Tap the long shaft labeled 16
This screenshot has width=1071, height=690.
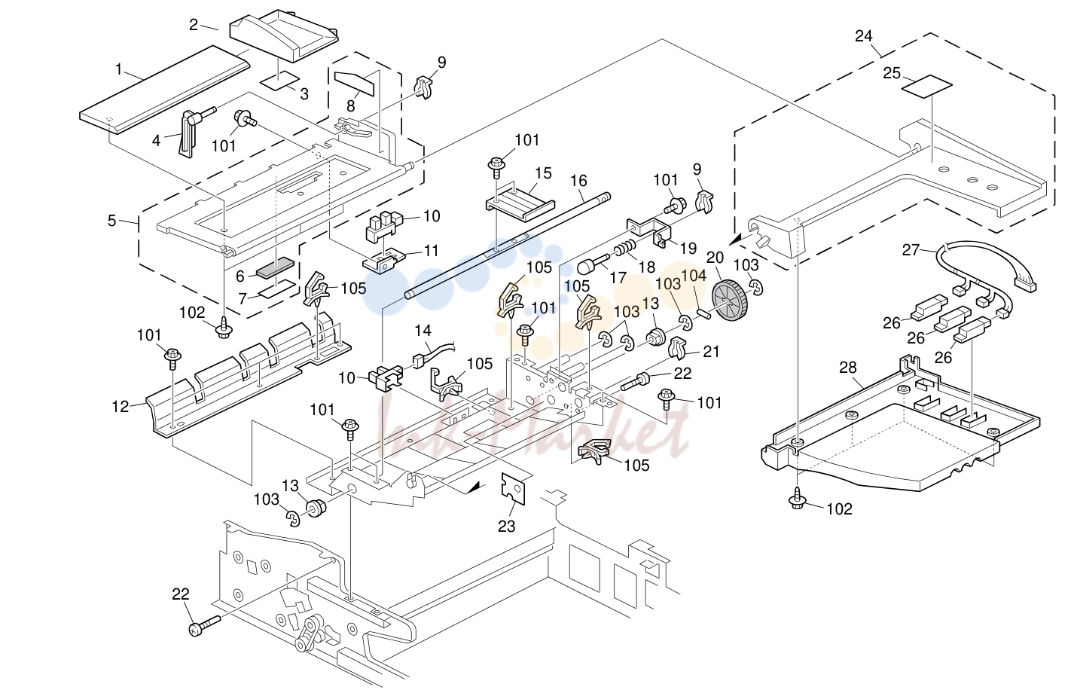(507, 245)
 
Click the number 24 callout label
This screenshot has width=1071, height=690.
(863, 36)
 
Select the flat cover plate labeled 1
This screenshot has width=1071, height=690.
(165, 89)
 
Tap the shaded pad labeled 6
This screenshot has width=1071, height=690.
(275, 268)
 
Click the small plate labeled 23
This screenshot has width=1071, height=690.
(513, 489)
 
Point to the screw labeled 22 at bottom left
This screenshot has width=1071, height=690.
(205, 627)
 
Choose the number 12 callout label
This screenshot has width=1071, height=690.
(120, 407)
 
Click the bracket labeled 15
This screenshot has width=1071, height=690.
(520, 203)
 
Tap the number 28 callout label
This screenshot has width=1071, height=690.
(848, 368)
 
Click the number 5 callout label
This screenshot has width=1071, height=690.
(111, 221)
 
